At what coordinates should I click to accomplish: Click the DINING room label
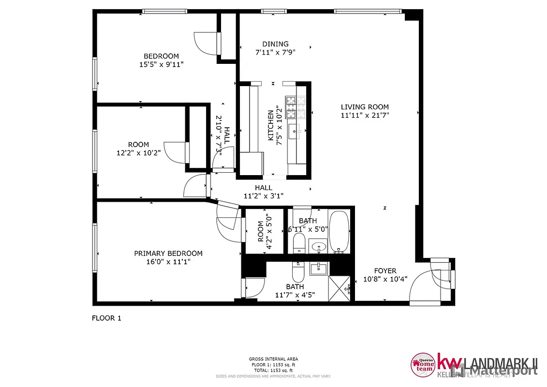pyautogui.click(x=275, y=44)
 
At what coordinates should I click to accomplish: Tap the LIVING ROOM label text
pyautogui.click(x=364, y=107)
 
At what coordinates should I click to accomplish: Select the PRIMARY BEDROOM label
pyautogui.click(x=168, y=253)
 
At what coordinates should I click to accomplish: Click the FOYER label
pyautogui.click(x=385, y=271)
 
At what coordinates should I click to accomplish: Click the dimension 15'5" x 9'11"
pyautogui.click(x=161, y=64)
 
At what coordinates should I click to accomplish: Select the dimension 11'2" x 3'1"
pyautogui.click(x=264, y=196)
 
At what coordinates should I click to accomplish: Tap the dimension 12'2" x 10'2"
pyautogui.click(x=138, y=152)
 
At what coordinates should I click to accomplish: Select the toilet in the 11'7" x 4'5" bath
pyautogui.click(x=297, y=273)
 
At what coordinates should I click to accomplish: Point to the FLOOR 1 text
pyautogui.click(x=106, y=318)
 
